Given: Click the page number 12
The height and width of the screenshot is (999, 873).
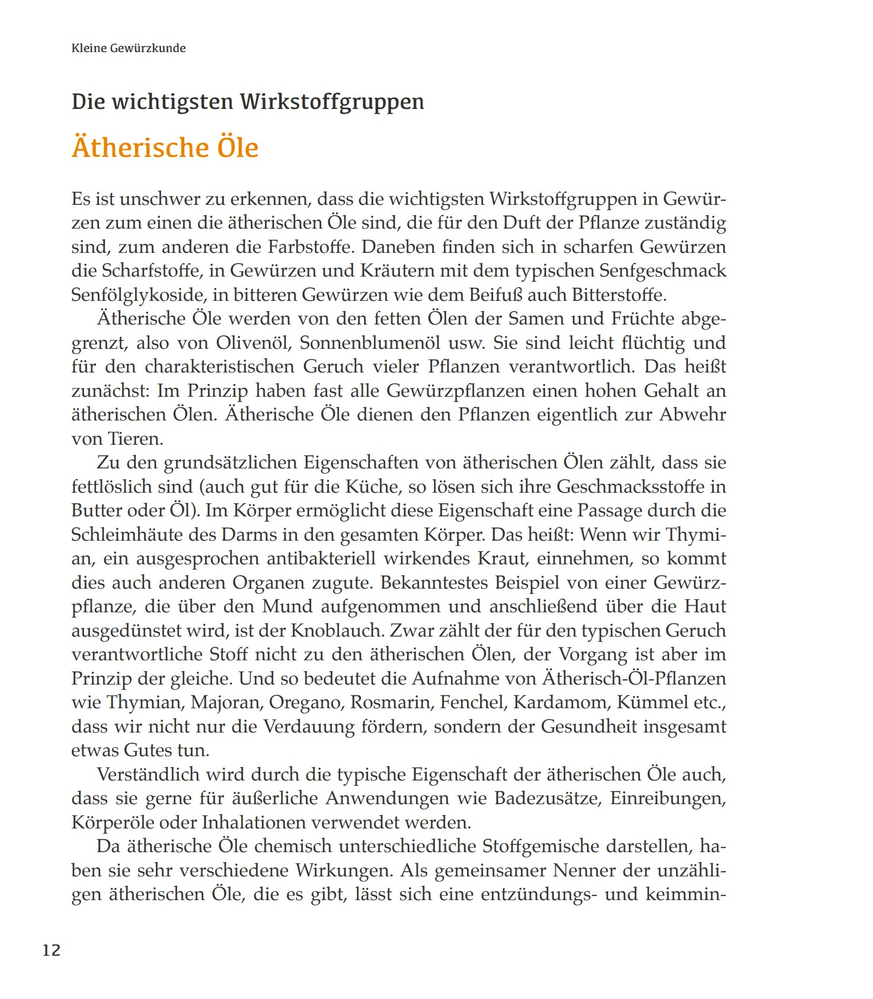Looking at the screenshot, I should pos(52,950).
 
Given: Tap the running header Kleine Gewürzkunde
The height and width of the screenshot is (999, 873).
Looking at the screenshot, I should pos(129,48).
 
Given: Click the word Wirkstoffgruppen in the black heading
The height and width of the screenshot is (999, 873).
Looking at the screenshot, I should pos(332,102).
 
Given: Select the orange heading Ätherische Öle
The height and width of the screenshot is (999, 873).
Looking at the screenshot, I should pos(165,147).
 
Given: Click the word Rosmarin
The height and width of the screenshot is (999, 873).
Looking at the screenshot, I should pos(391,702).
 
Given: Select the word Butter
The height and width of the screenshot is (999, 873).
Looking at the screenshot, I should pos(99,510).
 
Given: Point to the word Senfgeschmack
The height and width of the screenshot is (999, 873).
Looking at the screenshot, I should pos(663,271).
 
